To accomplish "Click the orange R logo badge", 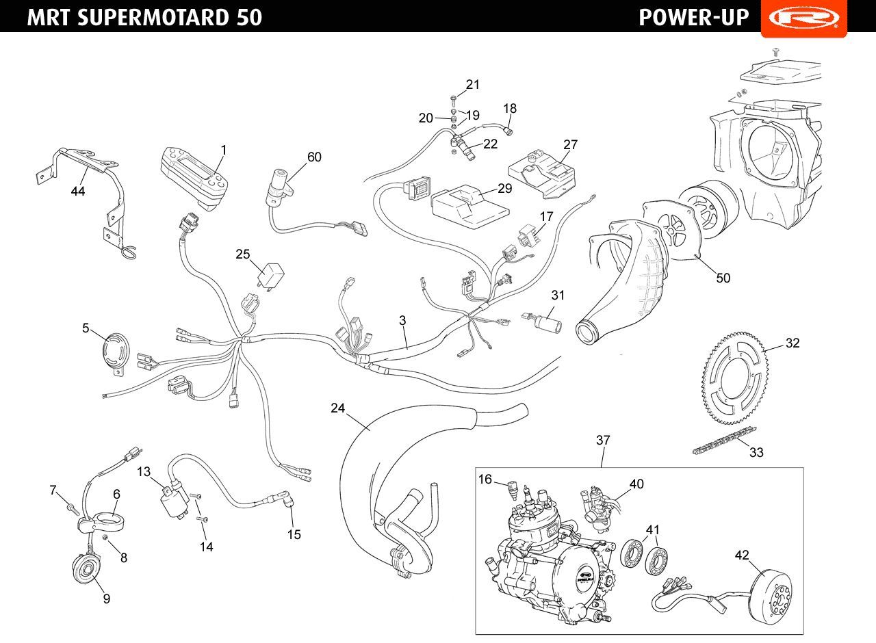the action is (804, 18).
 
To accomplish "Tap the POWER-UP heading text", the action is (694, 18).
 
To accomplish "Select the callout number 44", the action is (78, 191).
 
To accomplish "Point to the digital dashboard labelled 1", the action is (194, 179).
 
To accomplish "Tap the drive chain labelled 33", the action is (724, 440).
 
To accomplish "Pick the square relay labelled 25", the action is (270, 275).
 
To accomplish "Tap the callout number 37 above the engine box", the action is (603, 440).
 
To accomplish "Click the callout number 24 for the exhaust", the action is (337, 408).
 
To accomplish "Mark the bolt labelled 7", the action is (73, 508).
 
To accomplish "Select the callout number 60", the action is (314, 157).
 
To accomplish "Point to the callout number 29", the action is (504, 188).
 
